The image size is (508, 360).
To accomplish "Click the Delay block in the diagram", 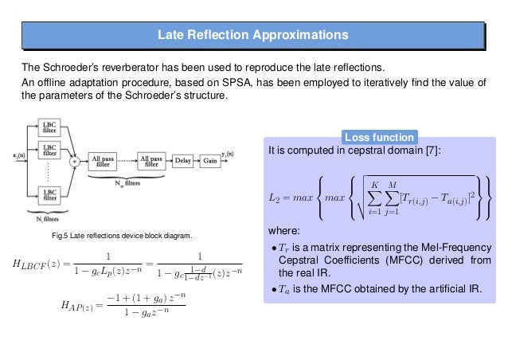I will pyautogui.click(x=182, y=160).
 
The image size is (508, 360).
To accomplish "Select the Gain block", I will pyautogui.click(x=210, y=160).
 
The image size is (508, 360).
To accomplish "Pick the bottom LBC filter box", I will pyautogui.click(x=49, y=194).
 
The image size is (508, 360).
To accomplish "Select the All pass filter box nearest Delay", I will pyautogui.click(x=151, y=160).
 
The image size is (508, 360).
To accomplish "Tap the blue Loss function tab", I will pyautogui.click(x=379, y=136).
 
